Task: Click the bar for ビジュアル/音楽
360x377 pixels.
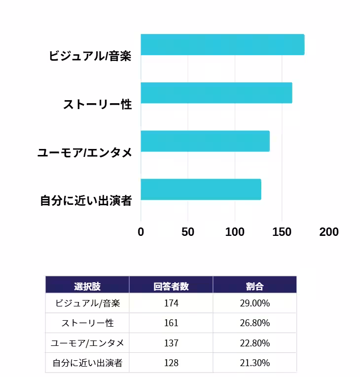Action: pos(222,44)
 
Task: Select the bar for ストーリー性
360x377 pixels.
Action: pos(216,93)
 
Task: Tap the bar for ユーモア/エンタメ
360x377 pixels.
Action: pos(205,141)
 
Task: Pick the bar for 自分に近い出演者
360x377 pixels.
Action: pos(201,189)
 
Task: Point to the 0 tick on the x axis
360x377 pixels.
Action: pos(141,232)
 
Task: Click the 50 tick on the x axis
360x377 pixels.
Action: pos(188,232)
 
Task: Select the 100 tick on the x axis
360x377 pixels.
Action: pos(235,232)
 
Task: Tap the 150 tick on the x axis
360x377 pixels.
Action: pos(282,232)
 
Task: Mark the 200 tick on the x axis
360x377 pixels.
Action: pos(329,232)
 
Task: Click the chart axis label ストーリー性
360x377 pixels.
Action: pos(97,105)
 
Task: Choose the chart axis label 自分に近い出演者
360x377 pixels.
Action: pos(86,201)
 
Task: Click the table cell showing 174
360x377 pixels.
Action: pos(171,303)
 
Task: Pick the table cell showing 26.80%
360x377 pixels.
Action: pos(254,323)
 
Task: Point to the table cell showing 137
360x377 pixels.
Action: pos(171,343)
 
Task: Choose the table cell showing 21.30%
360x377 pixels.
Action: pos(254,363)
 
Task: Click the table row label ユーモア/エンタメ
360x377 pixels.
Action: pos(87,343)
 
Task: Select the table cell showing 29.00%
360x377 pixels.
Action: pos(254,303)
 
